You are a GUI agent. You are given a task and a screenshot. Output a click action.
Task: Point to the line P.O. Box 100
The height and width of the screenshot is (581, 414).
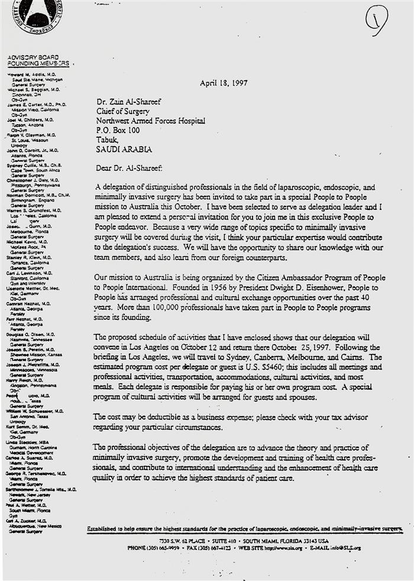118,131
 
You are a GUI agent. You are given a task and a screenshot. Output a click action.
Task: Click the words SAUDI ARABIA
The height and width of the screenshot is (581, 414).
124,150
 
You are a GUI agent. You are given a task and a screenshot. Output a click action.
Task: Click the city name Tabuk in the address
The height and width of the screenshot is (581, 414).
108,140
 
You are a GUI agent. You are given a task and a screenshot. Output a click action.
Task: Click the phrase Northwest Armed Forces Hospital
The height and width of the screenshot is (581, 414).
151,121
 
